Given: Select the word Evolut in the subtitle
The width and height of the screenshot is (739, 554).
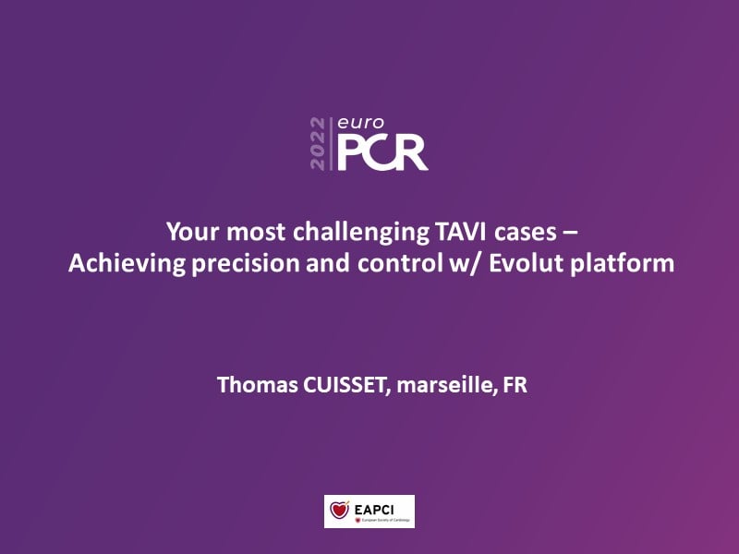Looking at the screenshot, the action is pos(527,263).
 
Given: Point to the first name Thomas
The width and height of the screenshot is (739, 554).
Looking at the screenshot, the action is pos(258,384).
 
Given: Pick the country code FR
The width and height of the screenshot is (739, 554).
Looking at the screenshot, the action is pos(515,385).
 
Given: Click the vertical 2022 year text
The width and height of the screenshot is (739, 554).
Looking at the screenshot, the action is pos(318,144).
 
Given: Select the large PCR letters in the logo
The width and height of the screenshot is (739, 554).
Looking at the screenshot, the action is pos(382,152).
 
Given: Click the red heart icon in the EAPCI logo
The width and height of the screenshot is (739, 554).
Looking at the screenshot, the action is pos(339,510).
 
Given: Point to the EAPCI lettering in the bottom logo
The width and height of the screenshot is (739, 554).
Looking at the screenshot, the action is pos(374,510).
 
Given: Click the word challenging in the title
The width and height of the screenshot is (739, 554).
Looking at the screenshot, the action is pos(361,233).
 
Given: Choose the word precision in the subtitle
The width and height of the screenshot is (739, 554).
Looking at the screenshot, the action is pos(246,264).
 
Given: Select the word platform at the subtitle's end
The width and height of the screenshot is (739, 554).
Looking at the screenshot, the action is pos(622,264).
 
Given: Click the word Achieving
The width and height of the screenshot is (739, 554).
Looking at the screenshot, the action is pos(127,264).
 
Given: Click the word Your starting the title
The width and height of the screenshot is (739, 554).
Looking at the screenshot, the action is pos(193,232).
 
